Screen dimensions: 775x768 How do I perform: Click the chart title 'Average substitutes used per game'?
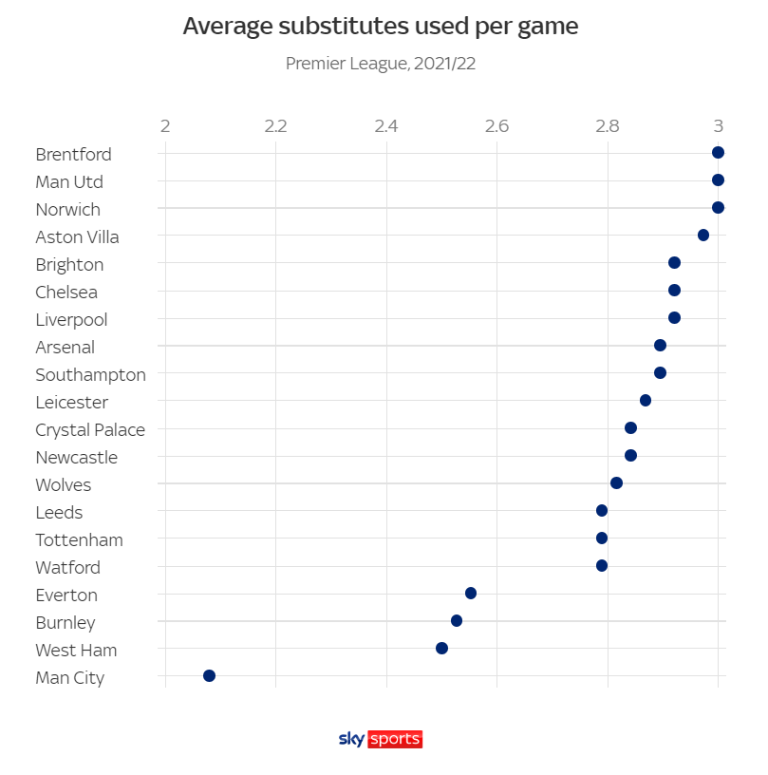tap(380, 27)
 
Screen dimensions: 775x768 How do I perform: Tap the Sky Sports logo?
tap(380, 739)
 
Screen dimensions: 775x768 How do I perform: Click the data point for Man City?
tap(209, 676)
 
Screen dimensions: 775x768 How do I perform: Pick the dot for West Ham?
tap(441, 649)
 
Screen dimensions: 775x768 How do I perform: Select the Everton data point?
tap(471, 594)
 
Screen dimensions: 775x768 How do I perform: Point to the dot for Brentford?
tap(718, 153)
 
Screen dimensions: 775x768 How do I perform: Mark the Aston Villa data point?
tap(703, 236)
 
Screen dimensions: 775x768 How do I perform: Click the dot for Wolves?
tap(616, 483)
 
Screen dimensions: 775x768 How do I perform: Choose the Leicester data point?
tap(646, 401)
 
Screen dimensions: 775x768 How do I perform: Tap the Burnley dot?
tap(457, 621)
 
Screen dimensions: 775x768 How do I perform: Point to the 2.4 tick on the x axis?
tap(386, 125)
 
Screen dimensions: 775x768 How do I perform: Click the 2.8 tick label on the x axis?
tap(608, 125)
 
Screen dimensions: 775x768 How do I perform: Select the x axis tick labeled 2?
tap(165, 125)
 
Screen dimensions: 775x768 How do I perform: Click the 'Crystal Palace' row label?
tap(90, 430)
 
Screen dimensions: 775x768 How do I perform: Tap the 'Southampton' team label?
tap(90, 375)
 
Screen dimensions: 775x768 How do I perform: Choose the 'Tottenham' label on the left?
tap(79, 540)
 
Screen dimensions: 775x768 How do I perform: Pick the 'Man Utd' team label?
tap(69, 181)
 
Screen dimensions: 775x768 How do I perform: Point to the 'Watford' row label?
tap(67, 568)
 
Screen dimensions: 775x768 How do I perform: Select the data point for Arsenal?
tap(660, 346)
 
